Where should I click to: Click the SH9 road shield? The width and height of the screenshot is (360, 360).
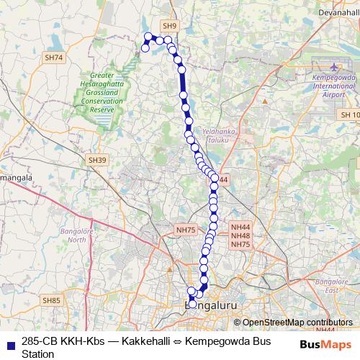pyautogui.click(x=170, y=25)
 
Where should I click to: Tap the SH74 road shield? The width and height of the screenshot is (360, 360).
pyautogui.click(x=53, y=57)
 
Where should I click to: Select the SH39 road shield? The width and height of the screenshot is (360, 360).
pyautogui.click(x=96, y=160)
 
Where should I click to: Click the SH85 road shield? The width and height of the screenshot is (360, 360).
pyautogui.click(x=50, y=300)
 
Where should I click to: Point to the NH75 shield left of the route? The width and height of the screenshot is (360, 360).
pyautogui.click(x=186, y=229)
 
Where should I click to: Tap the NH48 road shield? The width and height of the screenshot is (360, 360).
pyautogui.click(x=240, y=236)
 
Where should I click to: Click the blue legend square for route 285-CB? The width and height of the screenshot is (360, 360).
pyautogui.click(x=7, y=341)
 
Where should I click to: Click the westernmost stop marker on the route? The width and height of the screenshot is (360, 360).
pyautogui.click(x=145, y=48)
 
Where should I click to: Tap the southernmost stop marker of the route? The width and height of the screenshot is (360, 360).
pyautogui.click(x=193, y=303)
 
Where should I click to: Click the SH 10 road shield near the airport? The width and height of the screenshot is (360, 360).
pyautogui.click(x=350, y=115)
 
